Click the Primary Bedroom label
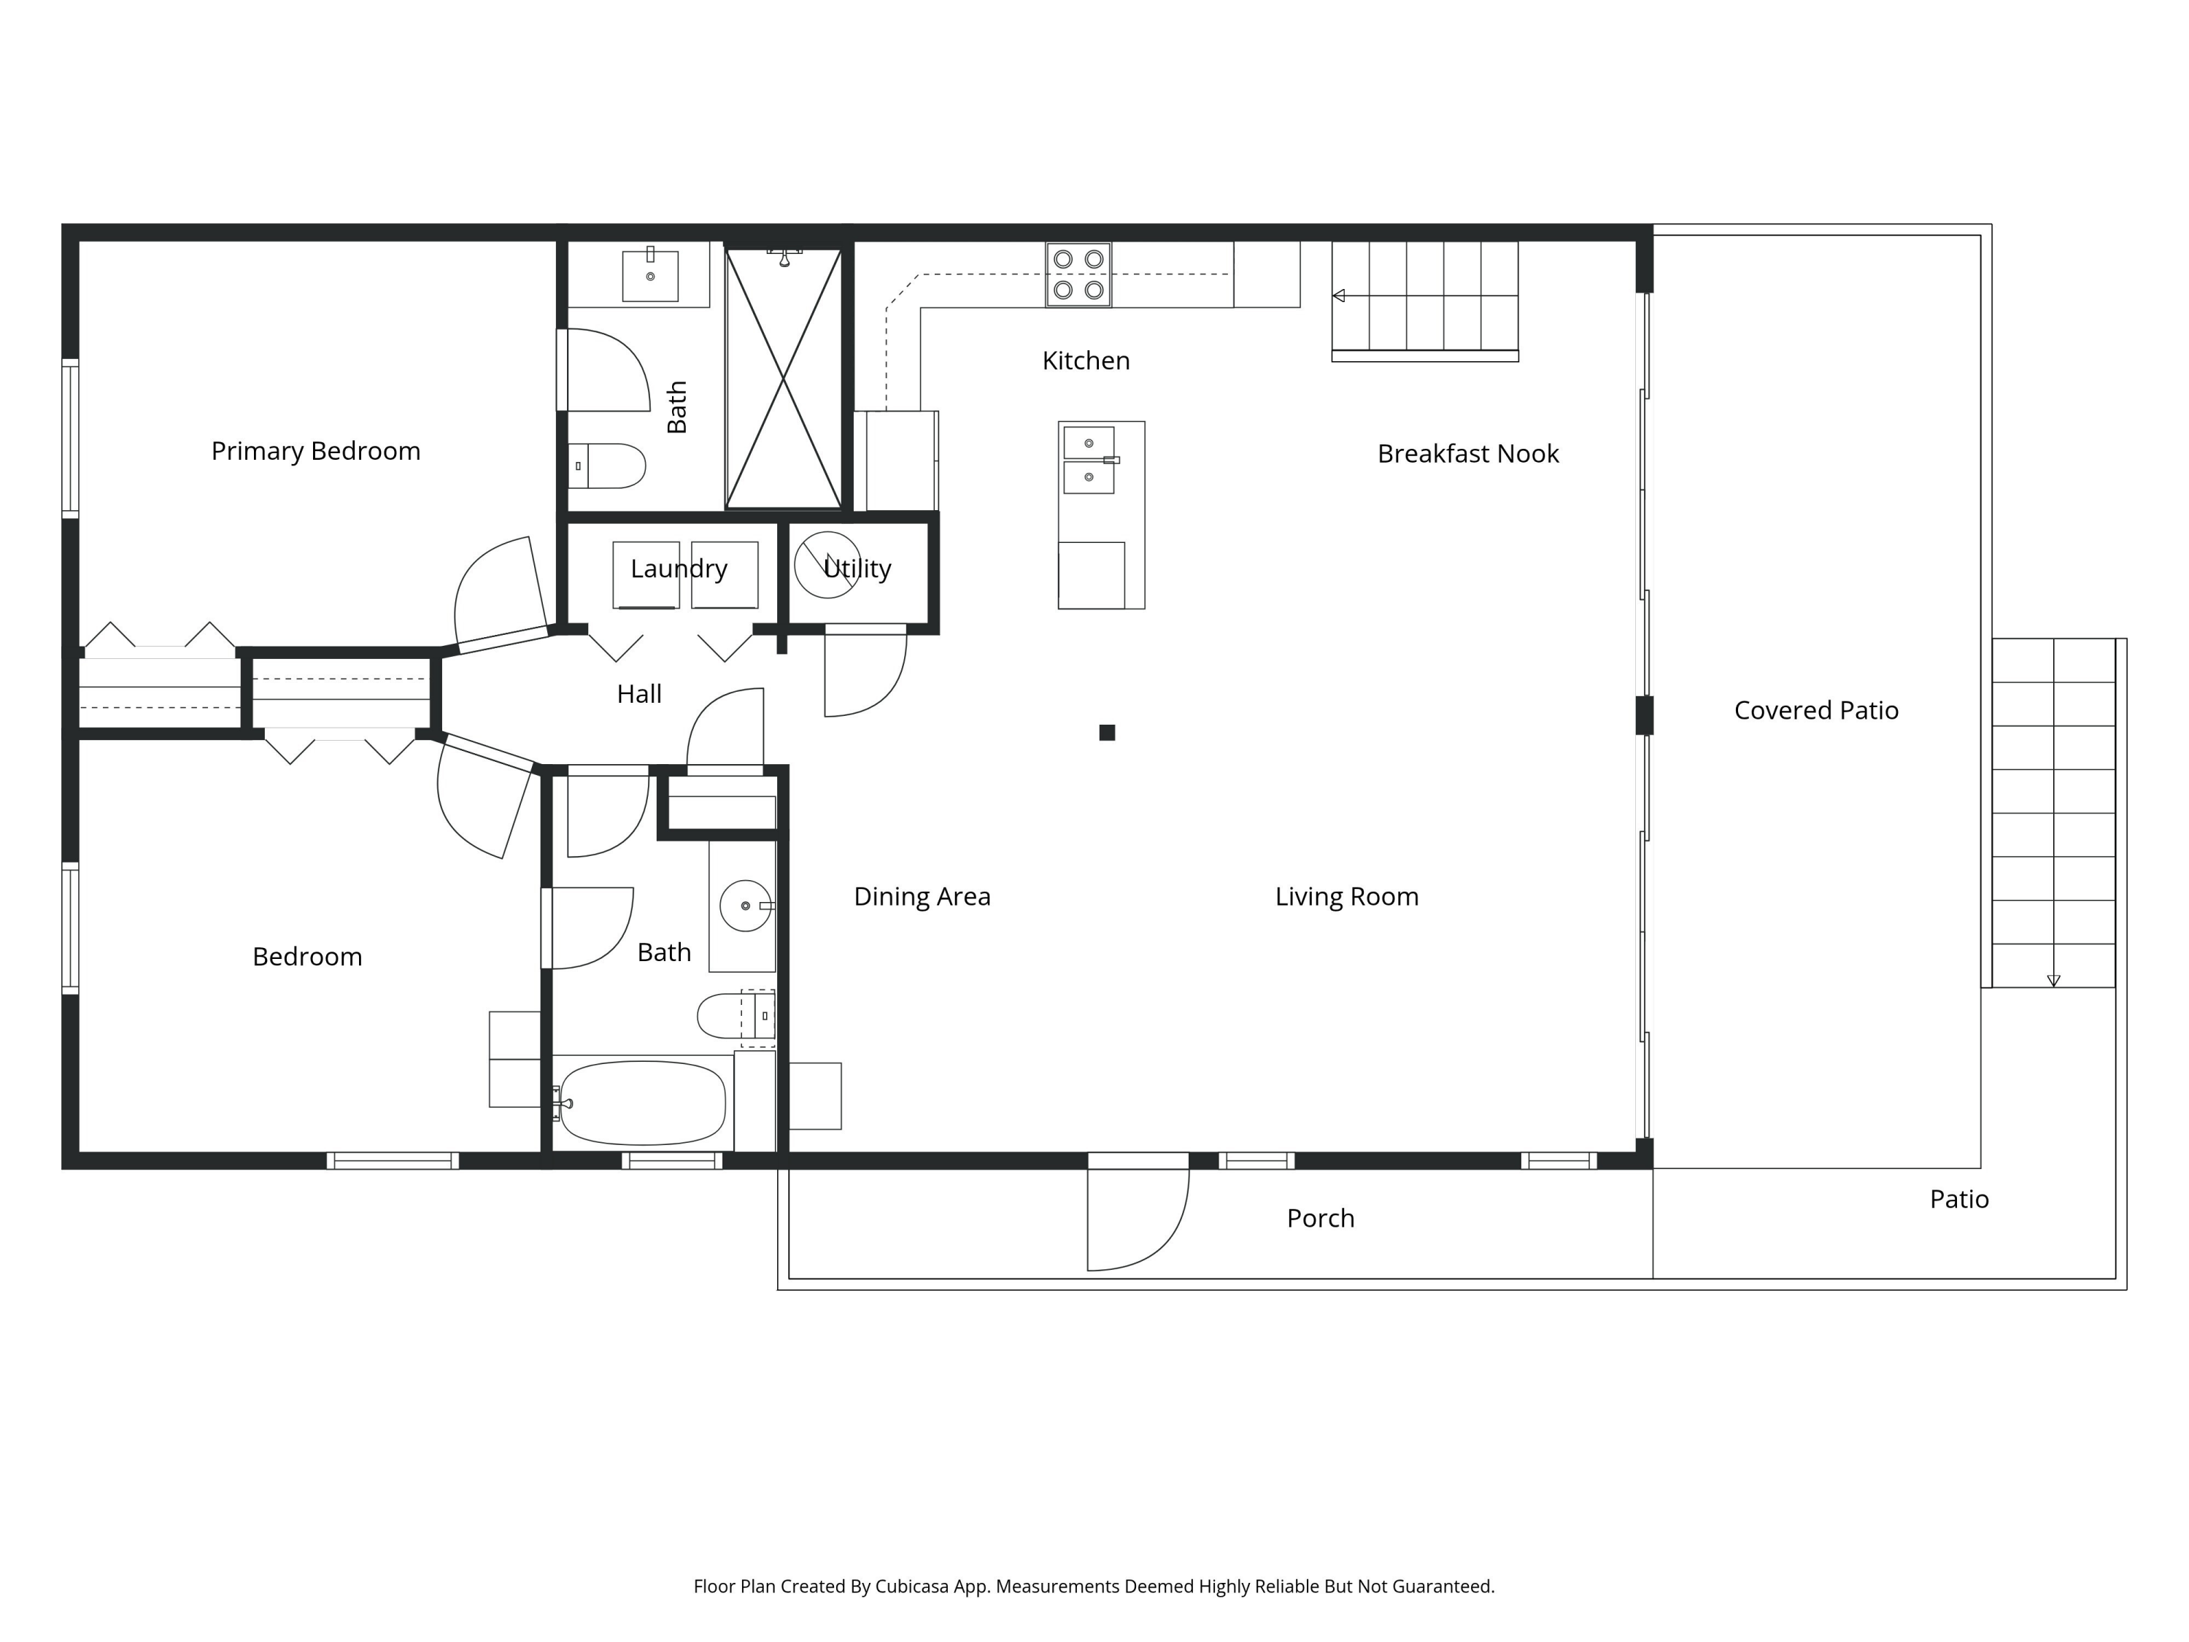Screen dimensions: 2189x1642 316,451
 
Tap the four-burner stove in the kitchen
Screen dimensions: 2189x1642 1078,274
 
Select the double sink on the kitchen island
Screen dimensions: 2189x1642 1089,460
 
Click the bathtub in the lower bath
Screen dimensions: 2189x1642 644,1103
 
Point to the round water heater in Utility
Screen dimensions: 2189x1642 827,565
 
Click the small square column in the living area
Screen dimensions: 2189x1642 1108,733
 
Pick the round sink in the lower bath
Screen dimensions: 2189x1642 745,906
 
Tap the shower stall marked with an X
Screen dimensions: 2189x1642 783,378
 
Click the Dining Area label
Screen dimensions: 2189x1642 922,897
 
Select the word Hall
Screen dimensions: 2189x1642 638,694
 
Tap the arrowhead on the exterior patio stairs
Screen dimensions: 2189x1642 2053,981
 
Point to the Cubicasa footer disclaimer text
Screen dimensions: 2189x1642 1094,1587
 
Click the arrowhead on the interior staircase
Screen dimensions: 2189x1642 1338,296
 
